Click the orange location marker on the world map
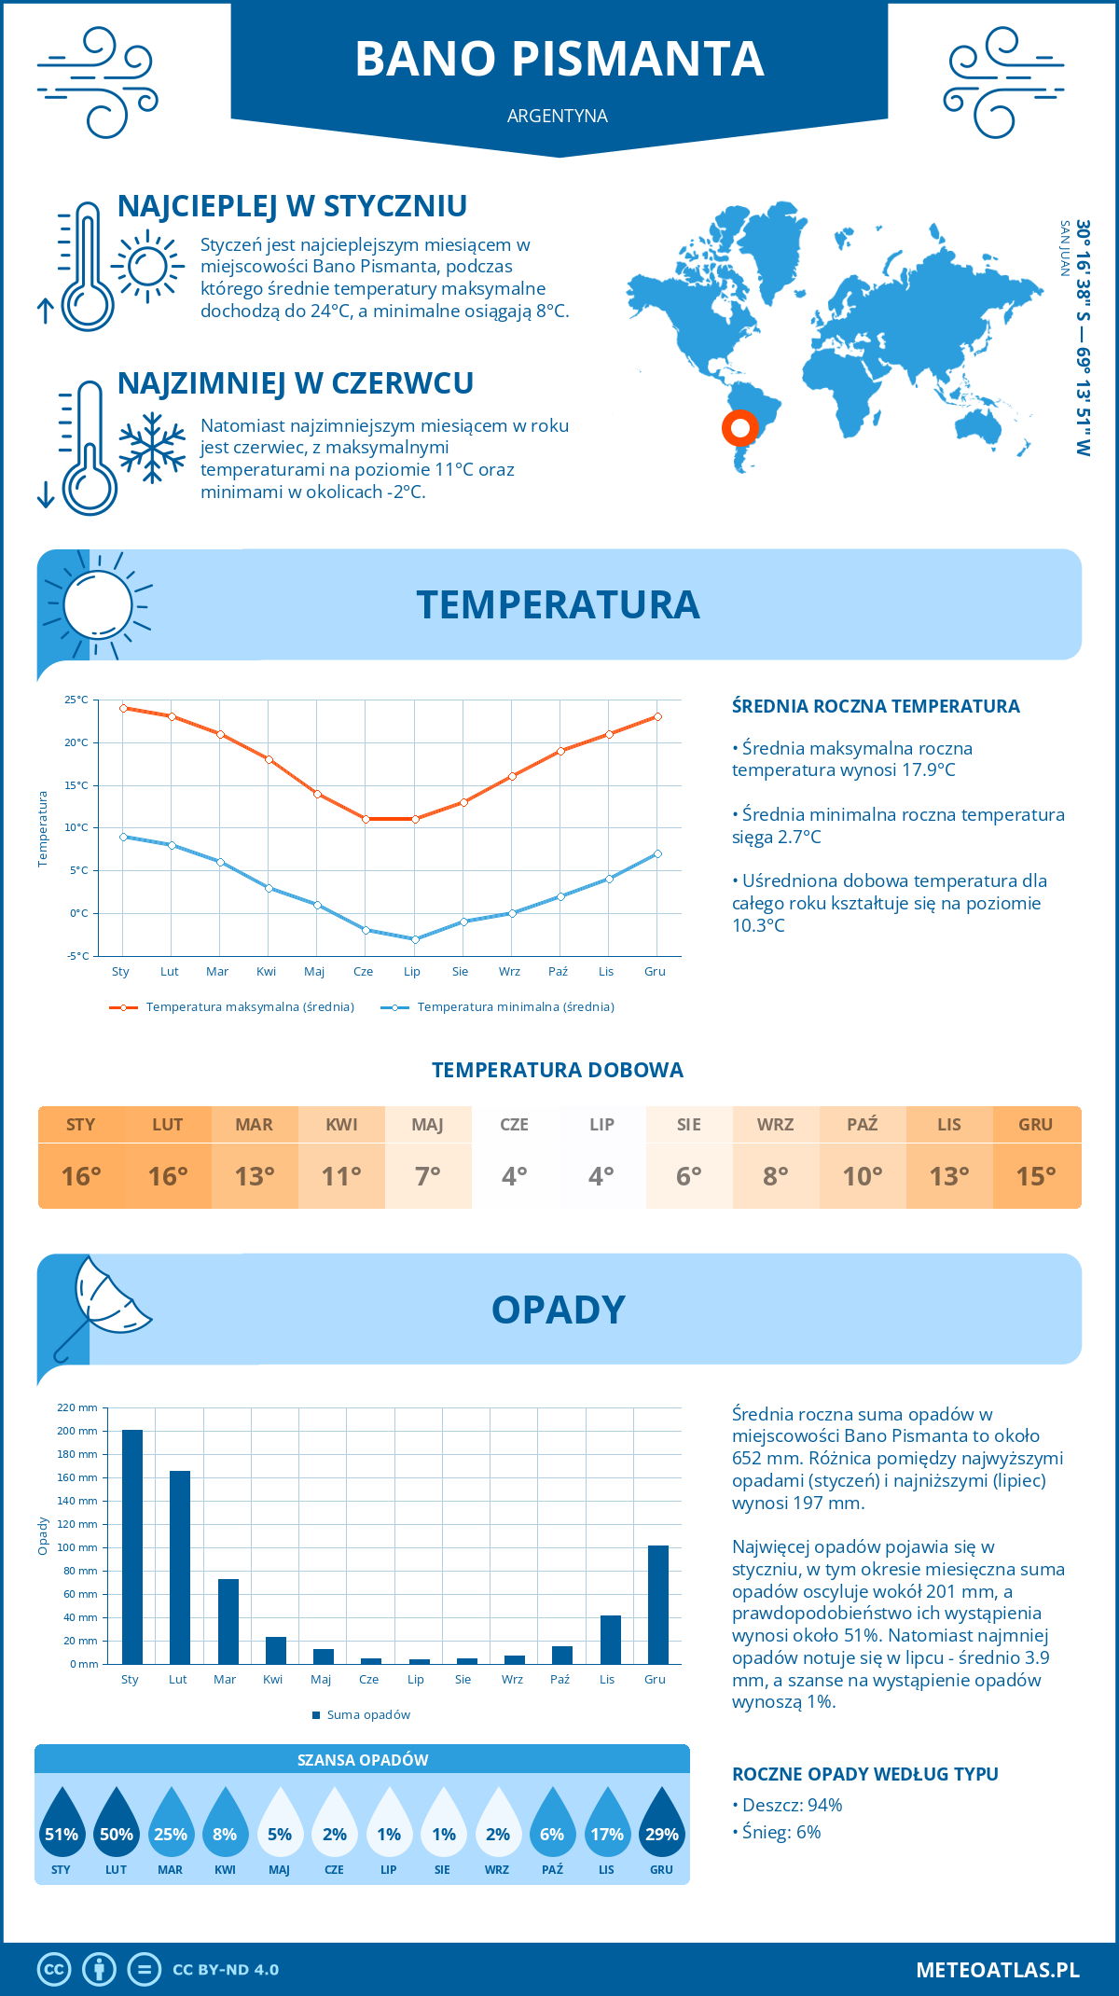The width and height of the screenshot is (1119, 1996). coord(739,428)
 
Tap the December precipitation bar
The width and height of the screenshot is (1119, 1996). coord(658,1604)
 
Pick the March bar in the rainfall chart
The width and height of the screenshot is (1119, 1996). coord(228,1621)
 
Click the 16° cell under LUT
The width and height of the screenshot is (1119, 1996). coord(168,1176)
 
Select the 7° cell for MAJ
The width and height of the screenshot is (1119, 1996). coord(428,1176)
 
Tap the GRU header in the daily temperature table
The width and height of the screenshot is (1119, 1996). coord(1035,1125)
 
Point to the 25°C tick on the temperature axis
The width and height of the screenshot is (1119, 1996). coord(76,700)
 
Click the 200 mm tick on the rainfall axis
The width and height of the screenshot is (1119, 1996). coord(77,1431)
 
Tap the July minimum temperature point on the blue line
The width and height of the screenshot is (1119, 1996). coord(415,939)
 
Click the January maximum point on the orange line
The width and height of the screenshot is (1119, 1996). coord(123,708)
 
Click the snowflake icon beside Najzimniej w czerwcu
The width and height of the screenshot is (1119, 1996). coord(152,448)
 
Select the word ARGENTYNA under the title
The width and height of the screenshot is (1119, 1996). coord(558,116)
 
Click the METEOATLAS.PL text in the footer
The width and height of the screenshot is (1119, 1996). coord(998,1970)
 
